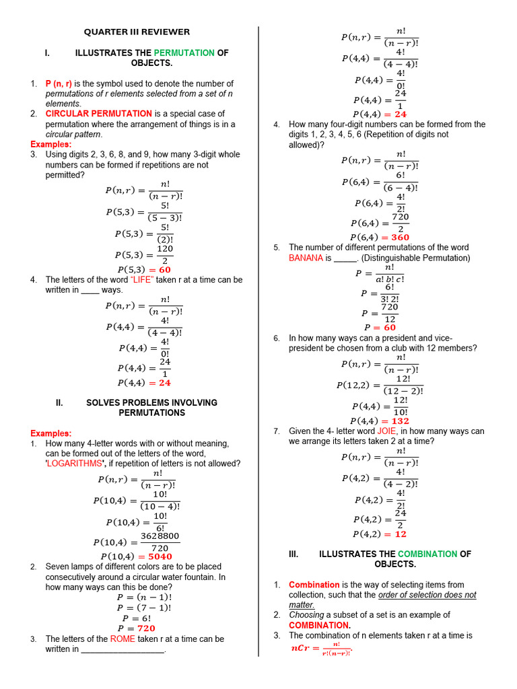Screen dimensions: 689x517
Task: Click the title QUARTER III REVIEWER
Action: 137,32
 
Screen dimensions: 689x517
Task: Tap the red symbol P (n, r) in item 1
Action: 59,83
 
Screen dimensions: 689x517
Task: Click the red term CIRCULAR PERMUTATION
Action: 98,114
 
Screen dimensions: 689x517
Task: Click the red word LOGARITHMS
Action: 73,464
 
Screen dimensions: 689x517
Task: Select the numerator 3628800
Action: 160,536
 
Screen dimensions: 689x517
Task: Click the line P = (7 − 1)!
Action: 144,608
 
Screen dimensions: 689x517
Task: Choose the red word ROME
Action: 123,639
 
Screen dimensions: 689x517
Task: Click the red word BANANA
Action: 306,258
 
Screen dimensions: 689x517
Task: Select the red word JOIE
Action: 386,431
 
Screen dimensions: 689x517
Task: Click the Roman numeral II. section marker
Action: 59,402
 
